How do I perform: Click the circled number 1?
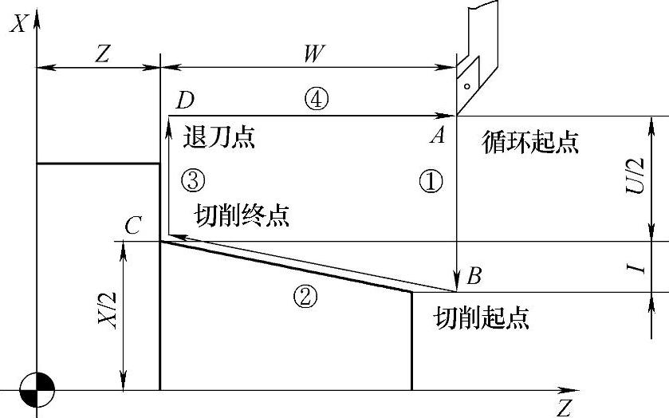pyautogui.click(x=431, y=182)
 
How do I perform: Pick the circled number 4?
pyautogui.click(x=317, y=100)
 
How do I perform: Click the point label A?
pyautogui.click(x=437, y=136)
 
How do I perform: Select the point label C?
pyautogui.click(x=133, y=227)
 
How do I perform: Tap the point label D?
pyautogui.click(x=185, y=101)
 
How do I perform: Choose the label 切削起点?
pyautogui.click(x=482, y=319)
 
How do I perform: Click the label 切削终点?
pyautogui.click(x=242, y=215)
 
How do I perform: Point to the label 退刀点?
pyautogui.click(x=219, y=136)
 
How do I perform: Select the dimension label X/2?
pyautogui.click(x=111, y=309)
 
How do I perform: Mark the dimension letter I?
pyautogui.click(x=636, y=267)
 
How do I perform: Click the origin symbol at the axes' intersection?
pyautogui.click(x=37, y=390)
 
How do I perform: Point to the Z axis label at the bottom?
pyautogui.click(x=564, y=408)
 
